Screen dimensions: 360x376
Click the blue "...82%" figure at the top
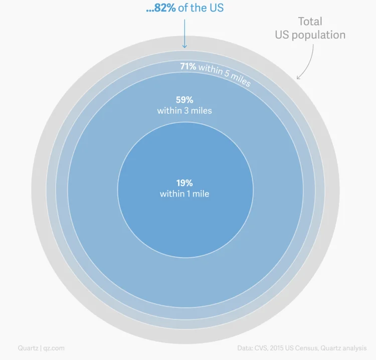(160, 9)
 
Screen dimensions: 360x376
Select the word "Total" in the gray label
(310, 22)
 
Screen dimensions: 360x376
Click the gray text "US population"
(310, 35)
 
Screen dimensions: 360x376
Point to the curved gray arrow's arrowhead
(299, 77)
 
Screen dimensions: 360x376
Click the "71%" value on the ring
(188, 66)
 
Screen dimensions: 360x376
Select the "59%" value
(184, 99)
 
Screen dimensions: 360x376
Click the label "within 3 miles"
(184, 110)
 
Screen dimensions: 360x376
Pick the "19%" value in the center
(184, 183)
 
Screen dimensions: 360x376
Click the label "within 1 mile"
(184, 194)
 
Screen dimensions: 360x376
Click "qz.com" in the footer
(54, 348)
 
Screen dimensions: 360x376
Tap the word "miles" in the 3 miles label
(201, 110)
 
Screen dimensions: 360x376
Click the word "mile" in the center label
(201, 194)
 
